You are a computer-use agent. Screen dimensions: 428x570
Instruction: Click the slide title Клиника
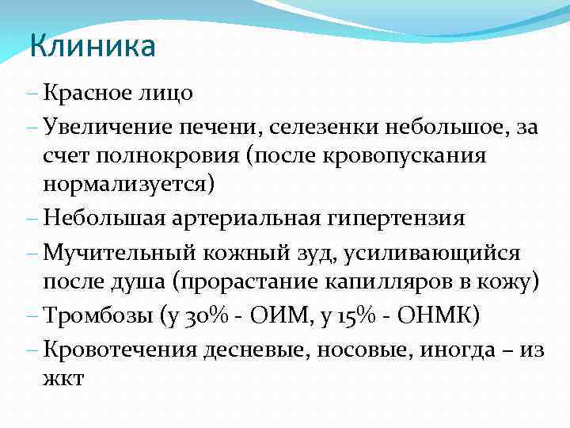(92, 47)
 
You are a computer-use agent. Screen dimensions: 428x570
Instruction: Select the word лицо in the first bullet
(168, 94)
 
